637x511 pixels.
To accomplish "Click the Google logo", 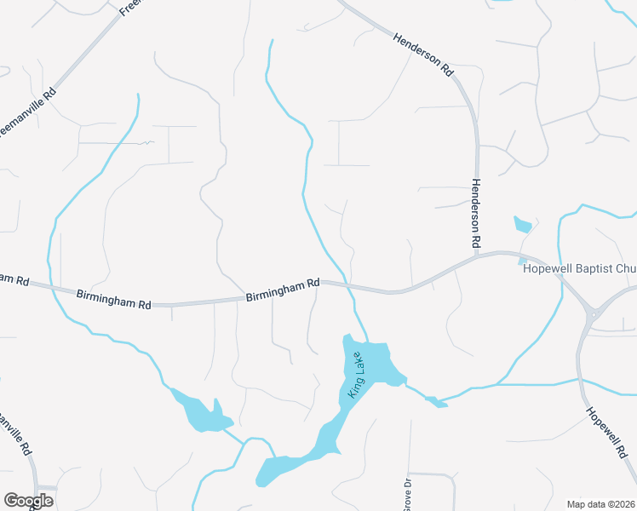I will pyautogui.click(x=28, y=501).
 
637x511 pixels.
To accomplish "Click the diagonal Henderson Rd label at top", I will pyautogui.click(x=423, y=55).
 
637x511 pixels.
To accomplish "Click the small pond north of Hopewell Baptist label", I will pyautogui.click(x=523, y=226).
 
